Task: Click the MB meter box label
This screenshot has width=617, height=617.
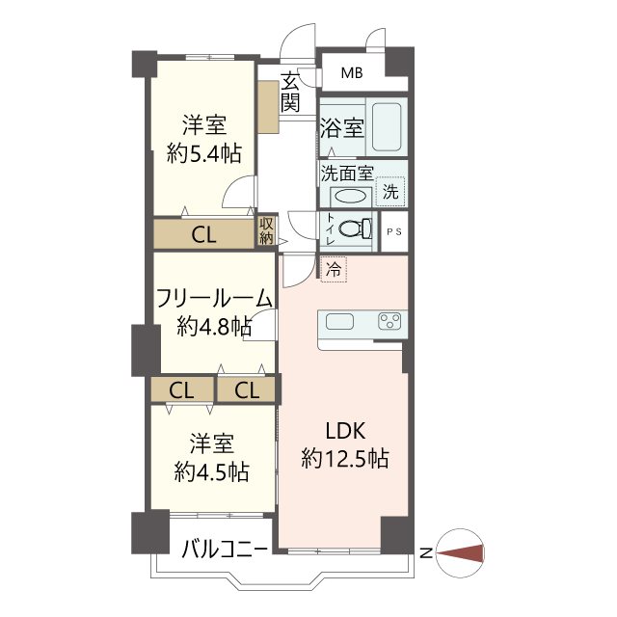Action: coord(352,73)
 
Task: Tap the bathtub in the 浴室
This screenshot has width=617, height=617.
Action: coord(387,126)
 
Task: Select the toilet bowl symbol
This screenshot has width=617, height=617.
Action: coord(355,228)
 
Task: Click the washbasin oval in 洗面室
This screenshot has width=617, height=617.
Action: coord(350,196)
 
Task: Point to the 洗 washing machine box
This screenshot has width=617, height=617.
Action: coord(390,192)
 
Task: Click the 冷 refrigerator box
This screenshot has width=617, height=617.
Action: coord(334,269)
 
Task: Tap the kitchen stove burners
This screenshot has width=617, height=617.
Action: coord(389,321)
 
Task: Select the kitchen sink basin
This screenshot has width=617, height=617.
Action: coord(339,321)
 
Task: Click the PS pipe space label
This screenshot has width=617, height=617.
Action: coord(394,231)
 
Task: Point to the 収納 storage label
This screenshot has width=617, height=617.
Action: coord(266,231)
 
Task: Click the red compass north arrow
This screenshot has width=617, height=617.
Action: coord(460,552)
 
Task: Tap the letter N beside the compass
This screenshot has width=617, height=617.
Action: coord(426,553)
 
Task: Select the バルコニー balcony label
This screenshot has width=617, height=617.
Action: coord(225,549)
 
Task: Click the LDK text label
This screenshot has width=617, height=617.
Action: coord(345,431)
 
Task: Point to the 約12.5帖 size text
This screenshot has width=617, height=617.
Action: coord(345,459)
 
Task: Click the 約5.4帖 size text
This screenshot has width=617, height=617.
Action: coord(203,153)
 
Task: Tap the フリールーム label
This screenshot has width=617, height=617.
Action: coord(214,298)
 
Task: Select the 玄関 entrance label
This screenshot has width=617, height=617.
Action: coord(290,92)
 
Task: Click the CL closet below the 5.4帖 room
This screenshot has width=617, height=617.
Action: coord(203,234)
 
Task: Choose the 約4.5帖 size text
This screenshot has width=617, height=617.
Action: coord(212,471)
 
